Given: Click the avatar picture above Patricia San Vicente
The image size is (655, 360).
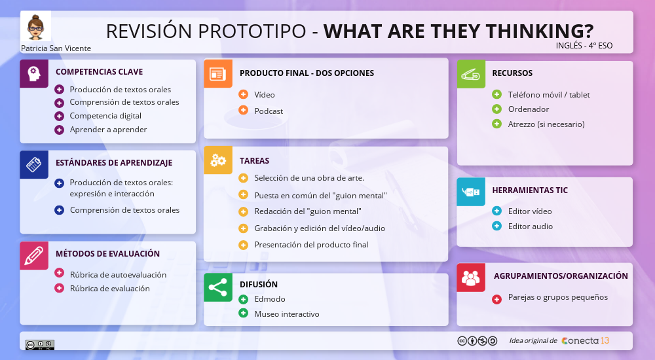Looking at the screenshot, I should pyautogui.click(x=35, y=27).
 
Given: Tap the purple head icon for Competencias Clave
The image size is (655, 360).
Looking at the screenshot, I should pyautogui.click(x=34, y=73).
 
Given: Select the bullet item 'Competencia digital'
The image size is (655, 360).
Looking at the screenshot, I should pyautogui.click(x=105, y=116).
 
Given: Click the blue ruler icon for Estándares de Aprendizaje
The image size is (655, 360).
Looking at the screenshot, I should pyautogui.click(x=34, y=164).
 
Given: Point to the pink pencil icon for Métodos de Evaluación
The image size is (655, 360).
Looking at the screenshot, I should pyautogui.click(x=34, y=255).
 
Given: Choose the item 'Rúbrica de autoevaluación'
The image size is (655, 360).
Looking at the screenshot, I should pyautogui.click(x=118, y=274).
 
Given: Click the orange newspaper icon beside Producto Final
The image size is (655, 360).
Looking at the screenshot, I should pyautogui.click(x=217, y=73).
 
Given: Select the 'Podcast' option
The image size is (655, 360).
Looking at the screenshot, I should pyautogui.click(x=269, y=111).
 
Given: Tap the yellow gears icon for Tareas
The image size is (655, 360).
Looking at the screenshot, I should pyautogui.click(x=217, y=160).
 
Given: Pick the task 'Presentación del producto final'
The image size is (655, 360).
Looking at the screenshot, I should pyautogui.click(x=311, y=244).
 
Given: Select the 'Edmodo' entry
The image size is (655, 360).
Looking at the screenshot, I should pyautogui.click(x=269, y=298).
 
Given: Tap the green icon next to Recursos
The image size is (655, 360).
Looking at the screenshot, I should pyautogui.click(x=470, y=73).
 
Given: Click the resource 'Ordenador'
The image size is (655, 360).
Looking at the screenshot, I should pyautogui.click(x=528, y=109).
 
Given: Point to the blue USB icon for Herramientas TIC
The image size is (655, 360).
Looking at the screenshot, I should pyautogui.click(x=470, y=191).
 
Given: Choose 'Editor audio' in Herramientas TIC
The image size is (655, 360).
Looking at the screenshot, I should pyautogui.click(x=530, y=226).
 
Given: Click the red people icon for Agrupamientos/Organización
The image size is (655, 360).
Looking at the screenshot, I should pyautogui.click(x=470, y=277).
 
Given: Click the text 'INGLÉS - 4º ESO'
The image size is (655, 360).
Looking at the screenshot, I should pyautogui.click(x=584, y=46).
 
